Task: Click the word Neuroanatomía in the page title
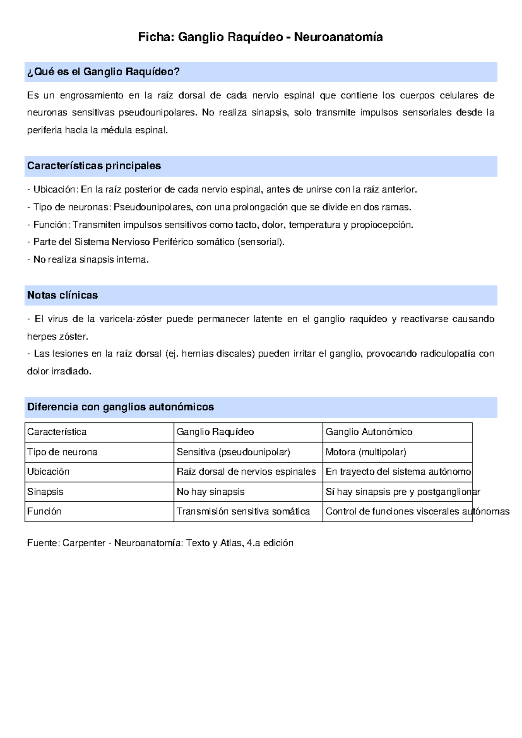point(338,37)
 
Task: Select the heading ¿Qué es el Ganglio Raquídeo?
point(104,72)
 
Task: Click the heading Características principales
point(94,166)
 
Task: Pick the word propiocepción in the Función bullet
point(381,225)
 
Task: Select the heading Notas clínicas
point(63,295)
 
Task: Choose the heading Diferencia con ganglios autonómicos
point(120,407)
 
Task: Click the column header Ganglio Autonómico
point(369,432)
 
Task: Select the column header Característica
point(57,432)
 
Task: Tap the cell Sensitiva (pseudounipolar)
point(233,452)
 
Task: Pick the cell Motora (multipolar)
point(366,452)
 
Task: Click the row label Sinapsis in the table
point(45,492)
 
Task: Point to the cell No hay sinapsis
point(211,492)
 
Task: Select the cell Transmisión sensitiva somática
point(243,511)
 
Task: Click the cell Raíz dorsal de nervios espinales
point(246,472)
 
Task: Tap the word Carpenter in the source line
point(84,543)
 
